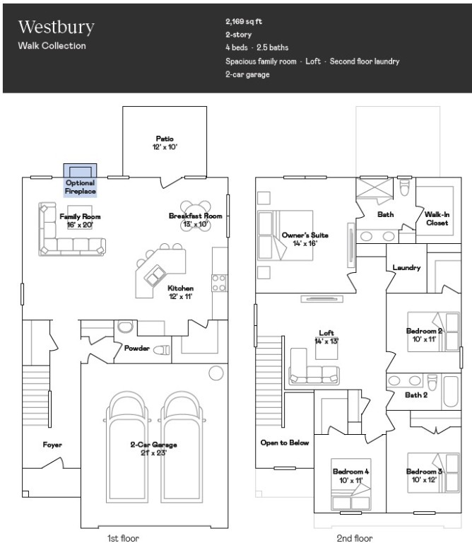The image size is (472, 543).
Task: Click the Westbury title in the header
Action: point(56,28)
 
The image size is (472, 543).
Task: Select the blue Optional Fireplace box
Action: point(81,179)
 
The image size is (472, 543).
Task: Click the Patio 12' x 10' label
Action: point(165,143)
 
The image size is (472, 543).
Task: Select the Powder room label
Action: point(136,349)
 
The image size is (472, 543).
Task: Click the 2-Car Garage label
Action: point(153,448)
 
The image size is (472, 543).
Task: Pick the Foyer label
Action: point(52,445)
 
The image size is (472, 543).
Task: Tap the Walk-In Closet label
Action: point(436,218)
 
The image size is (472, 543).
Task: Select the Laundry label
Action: point(406,268)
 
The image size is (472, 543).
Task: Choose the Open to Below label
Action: point(285,443)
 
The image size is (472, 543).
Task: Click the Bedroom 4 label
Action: point(350,476)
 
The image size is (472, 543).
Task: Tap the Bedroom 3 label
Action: point(424,476)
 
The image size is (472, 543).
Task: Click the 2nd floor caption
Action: point(354,538)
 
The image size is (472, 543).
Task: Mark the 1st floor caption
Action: point(123,538)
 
